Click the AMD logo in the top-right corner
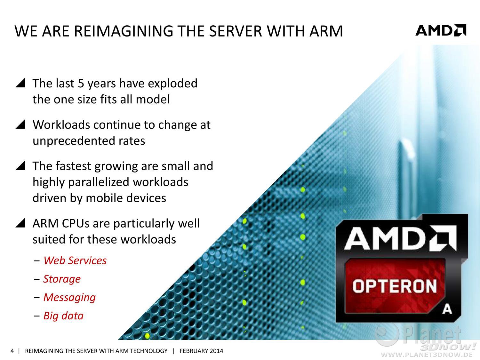pyautogui.click(x=441, y=30)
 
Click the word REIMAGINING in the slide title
pyautogui.click(x=124, y=31)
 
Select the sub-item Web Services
pyautogui.click(x=75, y=260)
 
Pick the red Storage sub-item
pyautogui.click(x=62, y=279)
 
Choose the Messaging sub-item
pyautogui.click(x=69, y=298)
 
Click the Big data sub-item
pyautogui.click(x=63, y=316)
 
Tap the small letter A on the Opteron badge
pyautogui.click(x=447, y=309)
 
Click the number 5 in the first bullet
pyautogui.click(x=81, y=84)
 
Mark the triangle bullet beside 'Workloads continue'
pyautogui.click(x=20, y=124)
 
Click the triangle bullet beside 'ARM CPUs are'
pyautogui.click(x=20, y=223)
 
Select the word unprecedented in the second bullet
pyautogui.click(x=74, y=141)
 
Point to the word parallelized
pyautogui.click(x=99, y=182)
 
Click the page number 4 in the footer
pyautogui.click(x=12, y=351)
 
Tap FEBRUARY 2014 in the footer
pyautogui.click(x=201, y=351)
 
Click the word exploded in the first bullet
pyautogui.click(x=173, y=84)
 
